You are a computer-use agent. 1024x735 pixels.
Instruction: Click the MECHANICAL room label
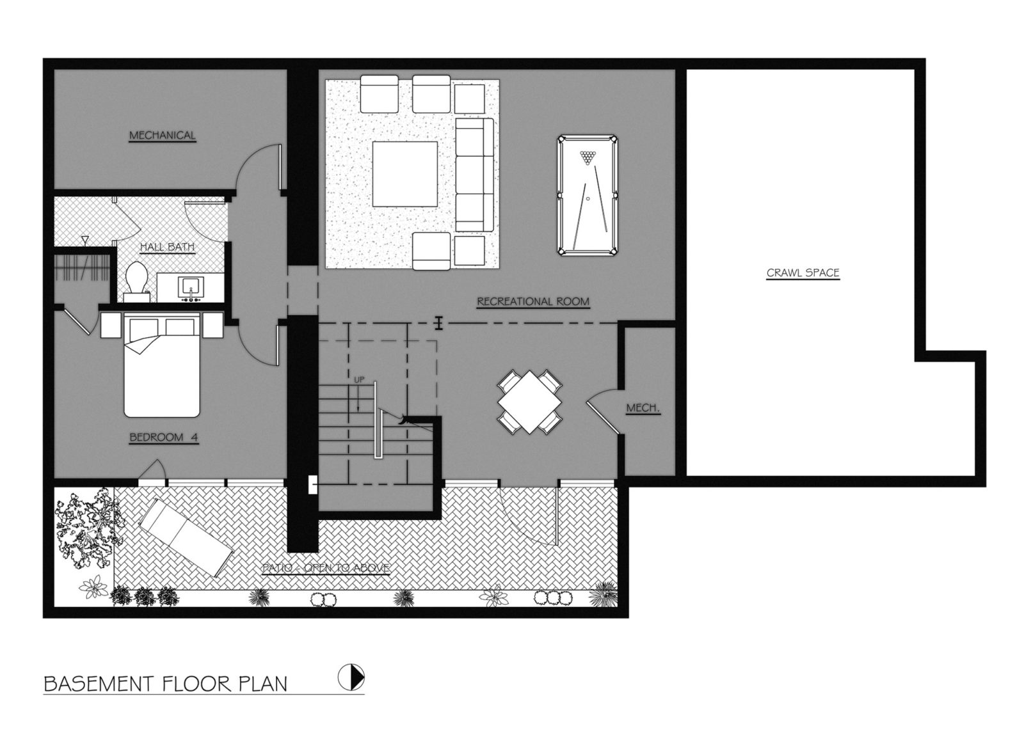coord(163,135)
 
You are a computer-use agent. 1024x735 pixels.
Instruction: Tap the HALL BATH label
coord(167,247)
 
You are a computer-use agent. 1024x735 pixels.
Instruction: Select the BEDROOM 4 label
coord(164,437)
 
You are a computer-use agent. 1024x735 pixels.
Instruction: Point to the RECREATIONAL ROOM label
coord(533,301)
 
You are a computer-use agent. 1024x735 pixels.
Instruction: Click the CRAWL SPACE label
coord(803,273)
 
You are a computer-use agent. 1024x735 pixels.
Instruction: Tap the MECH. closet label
coord(643,408)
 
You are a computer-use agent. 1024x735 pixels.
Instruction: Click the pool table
coord(588,195)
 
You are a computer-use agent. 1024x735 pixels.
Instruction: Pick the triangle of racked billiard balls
coord(588,157)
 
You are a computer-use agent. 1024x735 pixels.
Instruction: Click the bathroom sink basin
coord(191,287)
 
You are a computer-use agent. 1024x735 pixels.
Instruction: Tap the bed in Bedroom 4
coord(162,365)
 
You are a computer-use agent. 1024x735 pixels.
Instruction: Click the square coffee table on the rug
coord(404,174)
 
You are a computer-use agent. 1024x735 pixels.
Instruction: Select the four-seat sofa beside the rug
coord(474,175)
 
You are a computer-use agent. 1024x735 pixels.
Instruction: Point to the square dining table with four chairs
coord(529,402)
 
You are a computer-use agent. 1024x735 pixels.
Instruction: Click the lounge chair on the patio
coord(186,537)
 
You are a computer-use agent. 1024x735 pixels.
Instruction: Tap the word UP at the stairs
coord(359,379)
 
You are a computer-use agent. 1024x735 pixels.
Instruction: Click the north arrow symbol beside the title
coord(351,677)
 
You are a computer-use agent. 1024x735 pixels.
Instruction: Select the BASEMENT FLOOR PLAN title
coord(166,684)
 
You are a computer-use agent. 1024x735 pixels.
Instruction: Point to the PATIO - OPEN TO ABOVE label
coord(326,568)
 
